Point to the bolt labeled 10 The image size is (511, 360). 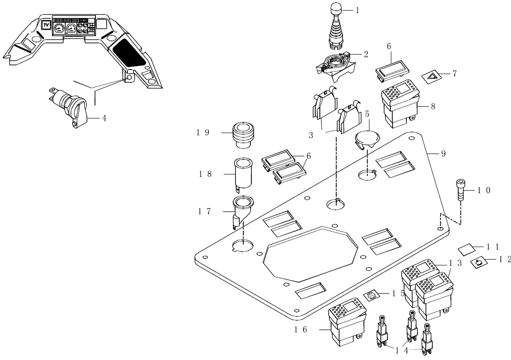pos(460,190)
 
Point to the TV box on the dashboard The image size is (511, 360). pos(45,26)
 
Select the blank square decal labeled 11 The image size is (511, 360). pos(467,249)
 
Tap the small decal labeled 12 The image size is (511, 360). pos(479,262)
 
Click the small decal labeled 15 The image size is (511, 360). pos(373,295)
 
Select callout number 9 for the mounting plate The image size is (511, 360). pos(443,153)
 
